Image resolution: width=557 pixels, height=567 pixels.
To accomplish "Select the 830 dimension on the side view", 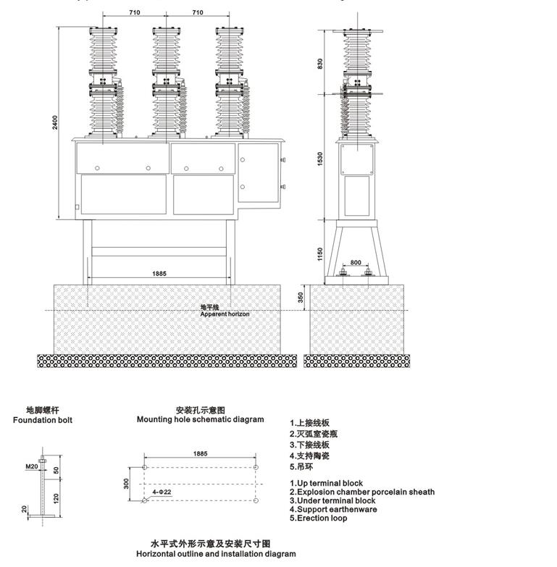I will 320,63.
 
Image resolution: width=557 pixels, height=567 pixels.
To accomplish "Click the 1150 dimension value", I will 320,254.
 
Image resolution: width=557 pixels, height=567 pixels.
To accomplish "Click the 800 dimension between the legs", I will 355,263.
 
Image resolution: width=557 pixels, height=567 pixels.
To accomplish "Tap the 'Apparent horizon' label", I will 225,314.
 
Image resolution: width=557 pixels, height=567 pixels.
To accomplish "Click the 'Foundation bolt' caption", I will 43,420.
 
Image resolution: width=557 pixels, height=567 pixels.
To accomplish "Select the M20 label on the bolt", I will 32,466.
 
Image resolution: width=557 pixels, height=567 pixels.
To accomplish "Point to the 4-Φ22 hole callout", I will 162,492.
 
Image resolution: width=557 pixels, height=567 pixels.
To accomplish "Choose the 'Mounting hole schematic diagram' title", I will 201,419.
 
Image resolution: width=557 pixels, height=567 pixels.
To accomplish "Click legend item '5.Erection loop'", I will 319,518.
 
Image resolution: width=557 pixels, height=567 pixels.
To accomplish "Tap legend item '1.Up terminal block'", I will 327,483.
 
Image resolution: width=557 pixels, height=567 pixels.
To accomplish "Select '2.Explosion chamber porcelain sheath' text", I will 362,492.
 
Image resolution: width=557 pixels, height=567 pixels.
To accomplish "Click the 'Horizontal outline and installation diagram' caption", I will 216,554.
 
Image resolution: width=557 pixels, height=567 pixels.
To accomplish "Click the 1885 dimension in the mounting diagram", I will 200,453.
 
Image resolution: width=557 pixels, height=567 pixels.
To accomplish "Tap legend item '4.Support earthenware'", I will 333,509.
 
